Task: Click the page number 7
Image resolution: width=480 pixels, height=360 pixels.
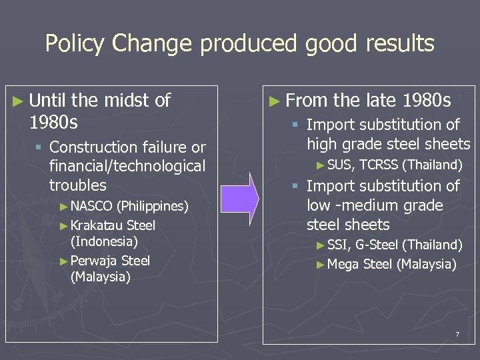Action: [x=457, y=334]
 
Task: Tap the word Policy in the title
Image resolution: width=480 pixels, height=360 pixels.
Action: [x=75, y=44]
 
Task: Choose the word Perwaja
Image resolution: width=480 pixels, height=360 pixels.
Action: [x=94, y=261]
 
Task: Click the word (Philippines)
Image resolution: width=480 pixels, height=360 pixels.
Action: [x=152, y=206]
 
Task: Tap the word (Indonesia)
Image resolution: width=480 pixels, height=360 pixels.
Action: [x=103, y=241]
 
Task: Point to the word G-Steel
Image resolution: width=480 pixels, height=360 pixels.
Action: [x=377, y=245]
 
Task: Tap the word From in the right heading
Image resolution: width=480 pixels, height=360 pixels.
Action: [x=306, y=101]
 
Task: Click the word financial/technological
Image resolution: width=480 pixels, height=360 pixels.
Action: [x=127, y=166]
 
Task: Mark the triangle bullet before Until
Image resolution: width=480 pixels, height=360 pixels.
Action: [x=20, y=101]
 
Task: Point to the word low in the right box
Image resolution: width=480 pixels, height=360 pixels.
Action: [x=317, y=205]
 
